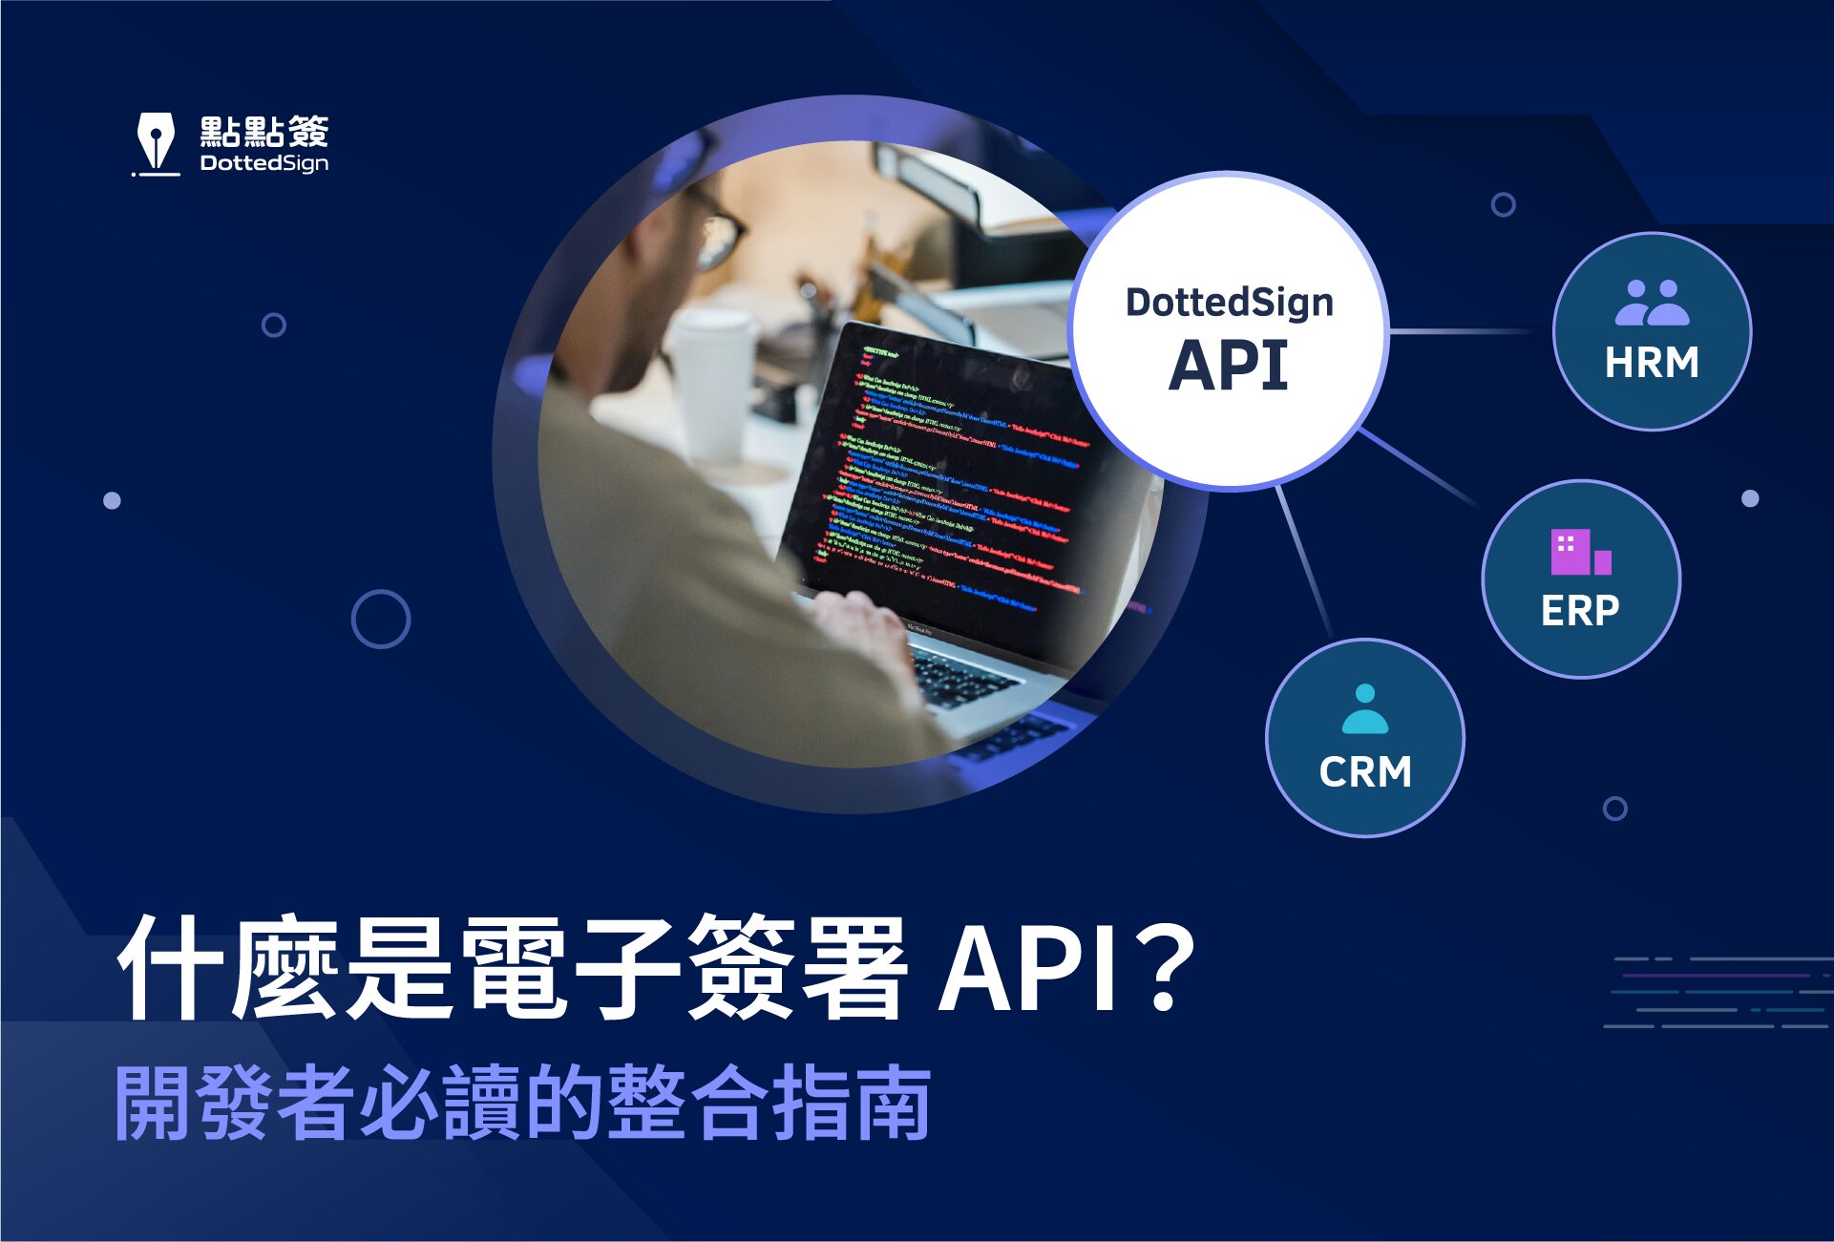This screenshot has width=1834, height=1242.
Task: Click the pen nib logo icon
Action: click(x=156, y=141)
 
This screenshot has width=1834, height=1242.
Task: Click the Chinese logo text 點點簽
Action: click(x=264, y=131)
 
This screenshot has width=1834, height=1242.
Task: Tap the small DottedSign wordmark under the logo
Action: click(x=264, y=163)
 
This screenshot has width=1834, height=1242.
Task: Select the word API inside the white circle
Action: click(x=1229, y=366)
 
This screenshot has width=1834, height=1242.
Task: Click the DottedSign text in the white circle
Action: click(x=1229, y=303)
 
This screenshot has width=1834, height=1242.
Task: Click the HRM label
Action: click(x=1652, y=363)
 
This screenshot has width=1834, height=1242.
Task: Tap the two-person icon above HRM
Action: click(x=1652, y=302)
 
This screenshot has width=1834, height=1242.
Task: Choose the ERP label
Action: click(x=1580, y=611)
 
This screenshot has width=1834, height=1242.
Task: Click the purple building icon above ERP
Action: click(x=1580, y=552)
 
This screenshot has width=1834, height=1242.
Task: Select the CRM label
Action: click(x=1365, y=771)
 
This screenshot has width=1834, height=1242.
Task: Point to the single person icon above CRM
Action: click(x=1365, y=709)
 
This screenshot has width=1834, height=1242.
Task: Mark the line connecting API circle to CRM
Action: click(x=1304, y=563)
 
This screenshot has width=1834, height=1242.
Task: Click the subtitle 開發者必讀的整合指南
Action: click(x=522, y=1103)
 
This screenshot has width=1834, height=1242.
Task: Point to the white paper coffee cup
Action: click(x=711, y=382)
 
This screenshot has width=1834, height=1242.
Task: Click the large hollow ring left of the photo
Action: click(x=381, y=619)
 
